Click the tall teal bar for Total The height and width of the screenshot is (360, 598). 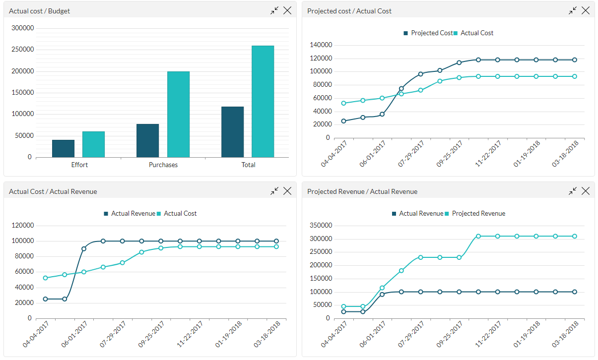tap(263, 102)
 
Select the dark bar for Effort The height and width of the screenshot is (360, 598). tap(63, 148)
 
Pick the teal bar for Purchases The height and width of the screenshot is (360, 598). tap(178, 115)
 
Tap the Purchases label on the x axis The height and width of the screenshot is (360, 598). tap(163, 165)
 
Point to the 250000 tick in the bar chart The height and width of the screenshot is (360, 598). tap(23, 50)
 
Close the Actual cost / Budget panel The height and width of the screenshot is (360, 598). tap(287, 10)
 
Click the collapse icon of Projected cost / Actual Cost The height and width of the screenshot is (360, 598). tap(572, 10)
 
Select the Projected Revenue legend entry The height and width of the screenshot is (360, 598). tap(478, 214)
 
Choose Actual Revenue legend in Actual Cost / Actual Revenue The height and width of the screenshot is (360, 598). tap(133, 214)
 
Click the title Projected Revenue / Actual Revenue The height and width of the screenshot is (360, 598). tap(362, 191)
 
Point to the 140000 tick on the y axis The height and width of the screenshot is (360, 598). tap(320, 45)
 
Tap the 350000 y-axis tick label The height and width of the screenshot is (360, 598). tap(320, 226)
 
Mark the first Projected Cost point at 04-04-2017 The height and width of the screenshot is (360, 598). tap(343, 121)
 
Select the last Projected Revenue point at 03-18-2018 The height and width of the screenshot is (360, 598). tap(575, 236)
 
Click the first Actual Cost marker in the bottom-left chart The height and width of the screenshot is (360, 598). tap(45, 278)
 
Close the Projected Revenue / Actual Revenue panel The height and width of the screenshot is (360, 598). tap(586, 191)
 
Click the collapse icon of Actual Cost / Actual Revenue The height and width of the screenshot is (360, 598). tap(274, 191)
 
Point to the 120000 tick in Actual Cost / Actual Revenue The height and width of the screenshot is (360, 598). tap(23, 226)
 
